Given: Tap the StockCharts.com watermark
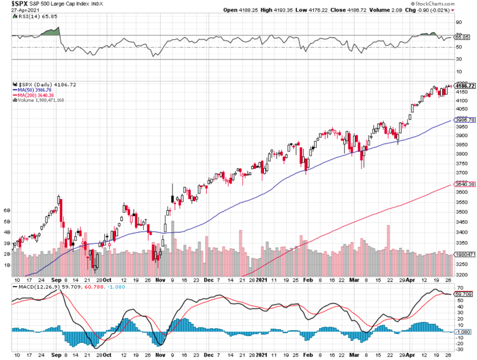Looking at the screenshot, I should coord(452,4).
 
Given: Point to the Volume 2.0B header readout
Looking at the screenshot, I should coord(395,10).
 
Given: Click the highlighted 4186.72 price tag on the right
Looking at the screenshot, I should coord(464,86).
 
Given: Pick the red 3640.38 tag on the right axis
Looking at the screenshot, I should coord(463,183).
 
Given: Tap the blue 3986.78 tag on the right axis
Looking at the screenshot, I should coord(463,120).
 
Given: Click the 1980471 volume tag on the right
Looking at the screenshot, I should coord(464,254).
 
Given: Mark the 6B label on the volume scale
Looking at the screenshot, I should coord(7,210).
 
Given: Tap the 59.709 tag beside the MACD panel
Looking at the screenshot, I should coord(463,294).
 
